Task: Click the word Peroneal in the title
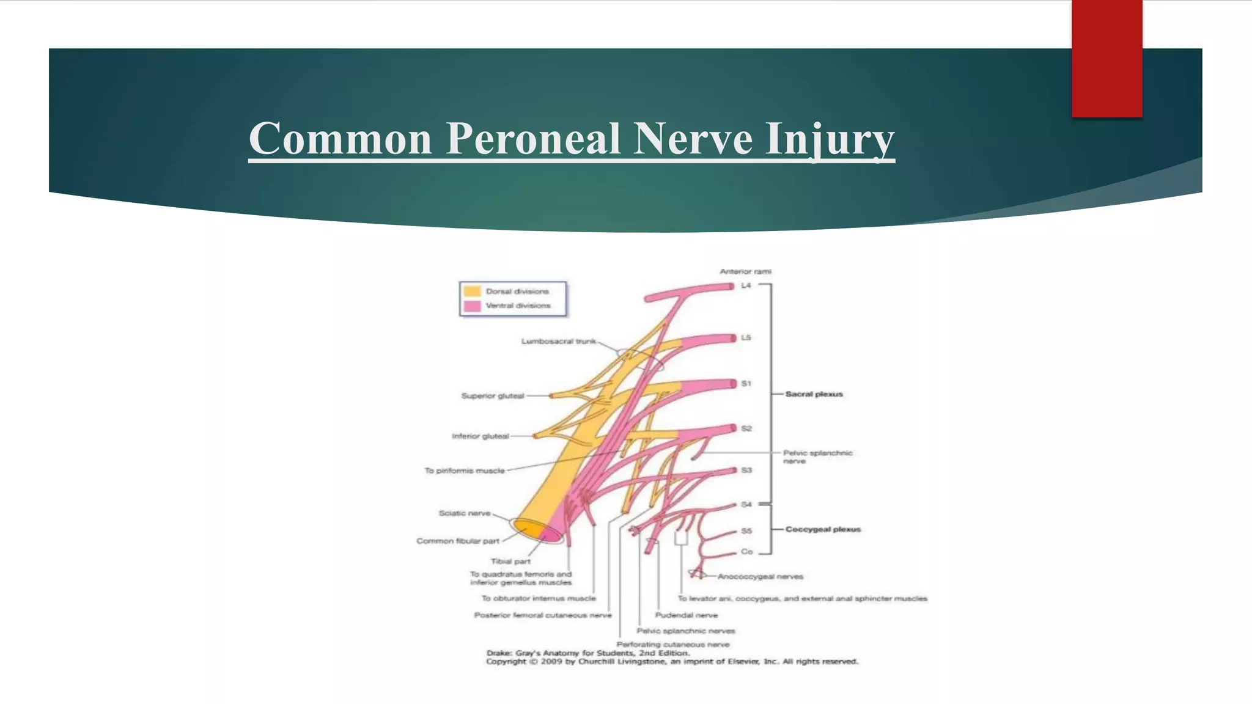[533, 139]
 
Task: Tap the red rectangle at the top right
[1107, 58]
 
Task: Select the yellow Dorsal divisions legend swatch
[472, 291]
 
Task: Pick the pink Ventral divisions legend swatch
[472, 306]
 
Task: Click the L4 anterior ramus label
[746, 285]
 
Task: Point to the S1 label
[746, 384]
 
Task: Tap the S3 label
[746, 471]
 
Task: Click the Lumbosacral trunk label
[558, 341]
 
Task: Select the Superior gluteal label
[492, 396]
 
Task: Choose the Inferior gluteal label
[480, 436]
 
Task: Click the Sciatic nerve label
[465, 513]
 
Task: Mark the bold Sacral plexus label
[814, 394]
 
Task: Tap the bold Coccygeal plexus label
[823, 529]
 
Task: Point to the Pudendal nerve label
[686, 615]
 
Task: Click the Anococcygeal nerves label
[760, 576]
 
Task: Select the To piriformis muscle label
[465, 471]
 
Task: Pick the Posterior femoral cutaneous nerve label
[543, 615]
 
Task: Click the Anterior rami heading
[745, 271]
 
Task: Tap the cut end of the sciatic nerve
[537, 530]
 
